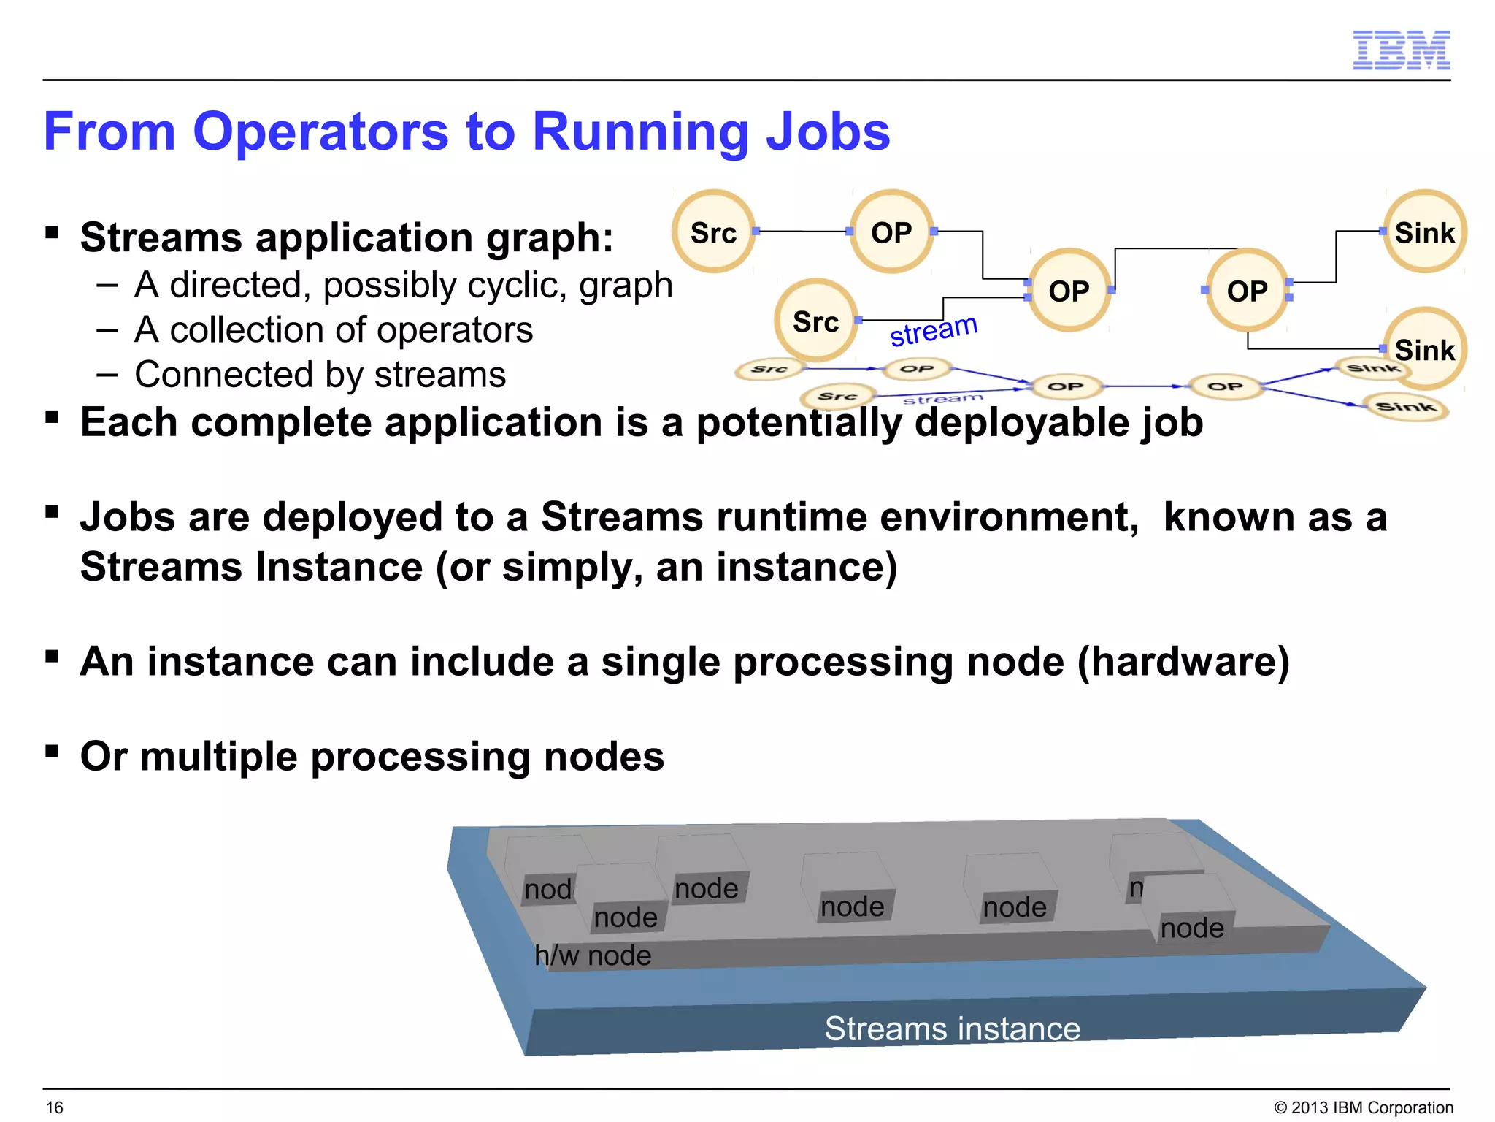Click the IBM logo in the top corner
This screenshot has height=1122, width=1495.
[1401, 50]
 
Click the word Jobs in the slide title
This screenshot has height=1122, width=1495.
[827, 132]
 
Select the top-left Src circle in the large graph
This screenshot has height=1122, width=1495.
[713, 232]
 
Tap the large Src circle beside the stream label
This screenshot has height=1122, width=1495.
[815, 321]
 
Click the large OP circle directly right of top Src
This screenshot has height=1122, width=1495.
[891, 232]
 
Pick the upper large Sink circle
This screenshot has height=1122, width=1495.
[1424, 232]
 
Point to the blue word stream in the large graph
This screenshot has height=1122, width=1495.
[933, 330]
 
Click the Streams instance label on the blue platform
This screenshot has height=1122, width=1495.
[952, 1028]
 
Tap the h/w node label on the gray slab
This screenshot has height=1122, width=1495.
[592, 955]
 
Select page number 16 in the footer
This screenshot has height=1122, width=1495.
[55, 1107]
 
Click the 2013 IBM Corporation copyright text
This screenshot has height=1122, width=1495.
[1364, 1107]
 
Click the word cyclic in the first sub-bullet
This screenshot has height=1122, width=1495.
[534, 285]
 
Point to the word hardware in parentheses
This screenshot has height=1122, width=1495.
[1183, 662]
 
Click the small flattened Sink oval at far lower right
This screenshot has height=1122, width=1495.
[1406, 407]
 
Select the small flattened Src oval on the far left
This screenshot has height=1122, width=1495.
[769, 369]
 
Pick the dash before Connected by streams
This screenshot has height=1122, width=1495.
[107, 375]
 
